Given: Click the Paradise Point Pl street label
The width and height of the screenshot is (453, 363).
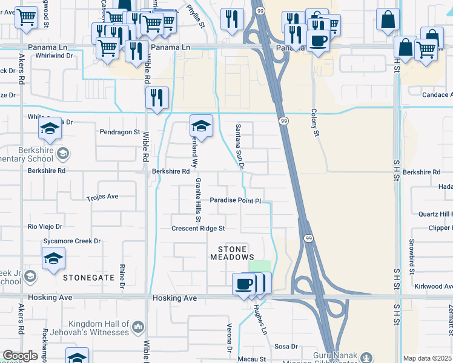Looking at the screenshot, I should coord(235,200).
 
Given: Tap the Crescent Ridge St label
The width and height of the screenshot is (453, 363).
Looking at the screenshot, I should coord(198,228).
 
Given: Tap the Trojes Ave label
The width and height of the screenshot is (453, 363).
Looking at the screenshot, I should coord(102,197).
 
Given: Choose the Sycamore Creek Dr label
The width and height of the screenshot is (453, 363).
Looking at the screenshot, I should coord(71,241).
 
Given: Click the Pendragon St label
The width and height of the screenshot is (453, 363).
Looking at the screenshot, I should coord(120,131).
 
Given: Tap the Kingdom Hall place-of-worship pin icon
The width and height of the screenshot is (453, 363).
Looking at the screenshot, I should coord(139,327).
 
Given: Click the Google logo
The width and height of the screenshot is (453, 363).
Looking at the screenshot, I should coord(20,356).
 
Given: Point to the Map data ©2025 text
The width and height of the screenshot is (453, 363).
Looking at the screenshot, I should coord(427,358).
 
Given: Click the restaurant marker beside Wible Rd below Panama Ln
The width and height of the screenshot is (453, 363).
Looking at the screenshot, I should coord(157,98).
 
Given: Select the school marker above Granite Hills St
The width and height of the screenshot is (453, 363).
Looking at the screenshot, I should coord(201,126).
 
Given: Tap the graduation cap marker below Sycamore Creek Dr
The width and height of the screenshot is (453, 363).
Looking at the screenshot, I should coord(54,259).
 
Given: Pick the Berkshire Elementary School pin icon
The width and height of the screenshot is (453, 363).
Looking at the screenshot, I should coord(62,154).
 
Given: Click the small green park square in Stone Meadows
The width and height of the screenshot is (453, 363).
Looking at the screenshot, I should coord(260,267).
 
